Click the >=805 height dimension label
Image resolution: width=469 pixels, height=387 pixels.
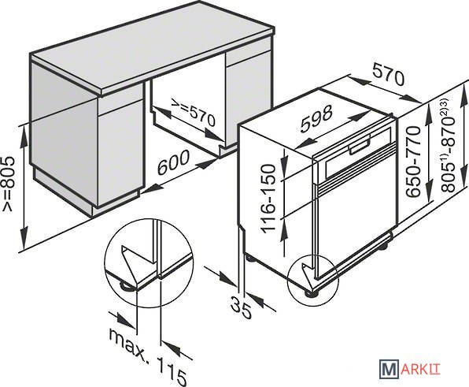pos(8,184)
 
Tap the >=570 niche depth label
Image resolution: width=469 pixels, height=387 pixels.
pos(193,112)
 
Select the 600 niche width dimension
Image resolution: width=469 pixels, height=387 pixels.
pos(173,162)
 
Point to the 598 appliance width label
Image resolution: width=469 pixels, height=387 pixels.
pos(316,118)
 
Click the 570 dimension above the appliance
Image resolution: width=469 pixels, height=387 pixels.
pos(389,75)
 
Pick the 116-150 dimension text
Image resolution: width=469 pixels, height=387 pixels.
pos(268,198)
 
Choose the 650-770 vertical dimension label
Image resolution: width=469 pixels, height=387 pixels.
pos(413,162)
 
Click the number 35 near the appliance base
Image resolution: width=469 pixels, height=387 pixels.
pos(241,307)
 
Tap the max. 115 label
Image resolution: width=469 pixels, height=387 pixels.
pos(148,355)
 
